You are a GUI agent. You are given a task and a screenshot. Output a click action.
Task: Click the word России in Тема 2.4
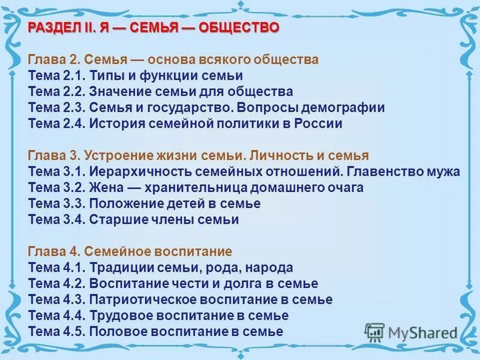(x=320, y=124)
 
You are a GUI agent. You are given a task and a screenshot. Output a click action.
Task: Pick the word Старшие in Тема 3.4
(x=113, y=220)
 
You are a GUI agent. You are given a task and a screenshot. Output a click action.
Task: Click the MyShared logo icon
(x=374, y=331)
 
